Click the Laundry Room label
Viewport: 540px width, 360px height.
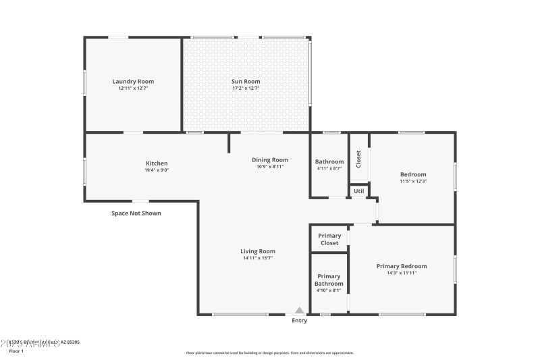coord(133,82)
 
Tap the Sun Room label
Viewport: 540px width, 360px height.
coord(246,82)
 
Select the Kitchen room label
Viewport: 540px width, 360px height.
coord(157,163)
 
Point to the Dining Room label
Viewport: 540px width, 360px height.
coord(270,160)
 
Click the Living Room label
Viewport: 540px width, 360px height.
coord(258,251)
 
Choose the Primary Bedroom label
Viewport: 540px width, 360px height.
coord(401,266)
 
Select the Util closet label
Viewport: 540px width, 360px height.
coord(359,191)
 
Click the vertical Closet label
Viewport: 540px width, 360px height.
coord(358,159)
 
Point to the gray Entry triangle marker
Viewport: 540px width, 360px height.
coord(299,310)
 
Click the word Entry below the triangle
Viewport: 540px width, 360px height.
coord(299,320)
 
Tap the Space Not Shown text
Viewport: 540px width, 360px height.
coord(136,213)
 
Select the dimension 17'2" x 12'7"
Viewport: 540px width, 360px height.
coord(246,88)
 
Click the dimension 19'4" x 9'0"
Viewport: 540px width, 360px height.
coord(157,170)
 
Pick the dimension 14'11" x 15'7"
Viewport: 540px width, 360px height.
coord(258,258)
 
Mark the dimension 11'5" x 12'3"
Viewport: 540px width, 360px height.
coord(413,181)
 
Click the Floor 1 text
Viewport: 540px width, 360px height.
coord(16,351)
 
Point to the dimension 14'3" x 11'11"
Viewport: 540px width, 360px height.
coord(401,273)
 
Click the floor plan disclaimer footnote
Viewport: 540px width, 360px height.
coord(269,353)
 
